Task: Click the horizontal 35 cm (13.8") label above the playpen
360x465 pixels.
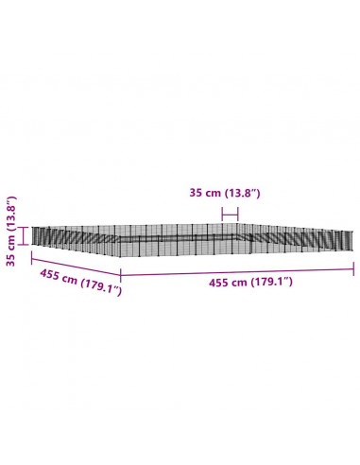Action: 225,193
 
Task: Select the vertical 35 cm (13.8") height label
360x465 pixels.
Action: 11,232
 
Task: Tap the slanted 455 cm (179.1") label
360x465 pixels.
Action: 80,283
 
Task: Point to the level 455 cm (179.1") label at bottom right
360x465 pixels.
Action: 250,283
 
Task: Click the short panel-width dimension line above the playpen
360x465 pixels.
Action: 230,215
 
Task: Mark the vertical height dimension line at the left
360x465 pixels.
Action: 24,235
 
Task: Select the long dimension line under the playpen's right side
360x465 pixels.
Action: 237,272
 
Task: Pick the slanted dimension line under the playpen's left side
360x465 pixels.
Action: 76,267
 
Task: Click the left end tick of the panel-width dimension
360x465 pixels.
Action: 222,215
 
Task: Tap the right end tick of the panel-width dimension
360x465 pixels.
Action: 238,215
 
